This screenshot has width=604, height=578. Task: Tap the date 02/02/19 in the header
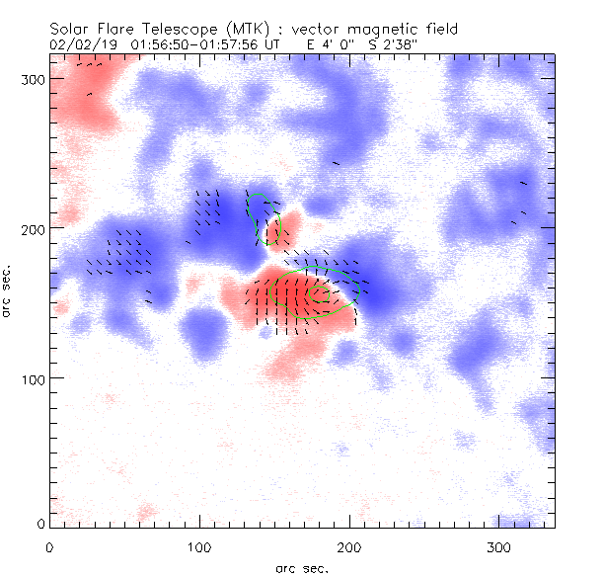point(82,44)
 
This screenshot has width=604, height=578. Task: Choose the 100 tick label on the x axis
point(199,546)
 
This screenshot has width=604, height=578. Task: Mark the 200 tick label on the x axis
point(349,546)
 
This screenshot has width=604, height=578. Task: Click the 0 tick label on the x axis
point(49,546)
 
